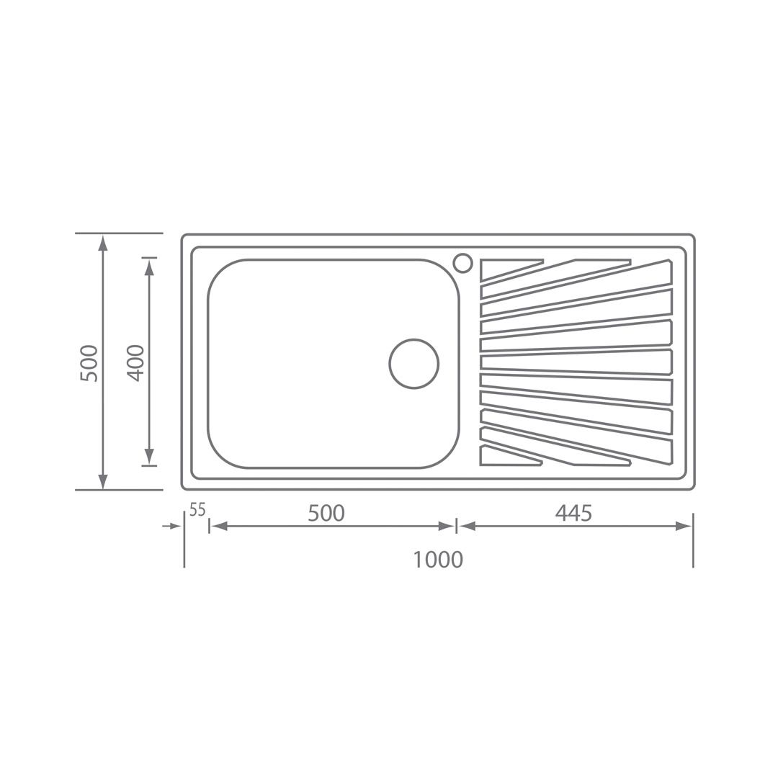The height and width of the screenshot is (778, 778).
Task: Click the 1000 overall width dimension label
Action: point(438,559)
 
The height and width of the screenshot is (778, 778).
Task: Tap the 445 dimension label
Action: point(573,513)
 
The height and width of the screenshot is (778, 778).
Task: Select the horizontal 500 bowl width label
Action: point(326,513)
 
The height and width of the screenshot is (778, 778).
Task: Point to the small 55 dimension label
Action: point(197,509)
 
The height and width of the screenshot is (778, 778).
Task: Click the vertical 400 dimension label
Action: point(135,362)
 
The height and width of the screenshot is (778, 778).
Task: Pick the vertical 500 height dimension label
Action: point(89,362)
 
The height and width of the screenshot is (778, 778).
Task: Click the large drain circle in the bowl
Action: point(413,364)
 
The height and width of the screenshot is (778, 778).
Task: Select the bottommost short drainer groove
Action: point(510,457)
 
